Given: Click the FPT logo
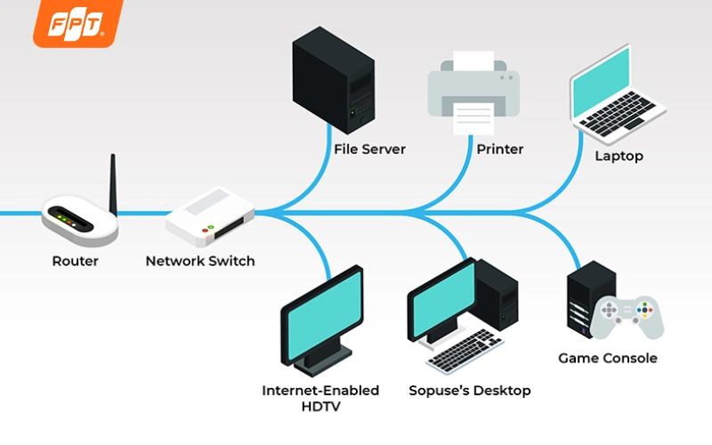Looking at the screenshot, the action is [x=78, y=23].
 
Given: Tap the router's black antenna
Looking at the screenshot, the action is [x=113, y=185].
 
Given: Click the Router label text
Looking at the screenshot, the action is [x=76, y=261].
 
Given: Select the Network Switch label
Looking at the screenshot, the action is [x=200, y=261].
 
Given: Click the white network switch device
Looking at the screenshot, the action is [x=210, y=216].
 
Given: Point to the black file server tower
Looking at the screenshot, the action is [x=333, y=80].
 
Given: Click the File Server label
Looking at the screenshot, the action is [x=369, y=150].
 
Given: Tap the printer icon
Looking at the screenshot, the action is [x=473, y=93].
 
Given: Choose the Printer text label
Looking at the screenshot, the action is [x=500, y=150].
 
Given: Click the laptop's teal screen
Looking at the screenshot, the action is [x=602, y=83].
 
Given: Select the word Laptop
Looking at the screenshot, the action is [x=619, y=157].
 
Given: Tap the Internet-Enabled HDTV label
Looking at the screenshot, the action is [x=320, y=398].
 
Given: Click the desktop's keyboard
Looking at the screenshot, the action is [x=465, y=351].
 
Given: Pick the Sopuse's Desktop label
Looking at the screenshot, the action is [x=470, y=391].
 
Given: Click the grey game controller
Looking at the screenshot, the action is [x=627, y=318].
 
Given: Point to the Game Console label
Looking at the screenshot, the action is [x=608, y=359].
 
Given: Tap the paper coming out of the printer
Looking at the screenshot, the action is [x=473, y=119].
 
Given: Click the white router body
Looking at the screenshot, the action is [x=80, y=221].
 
